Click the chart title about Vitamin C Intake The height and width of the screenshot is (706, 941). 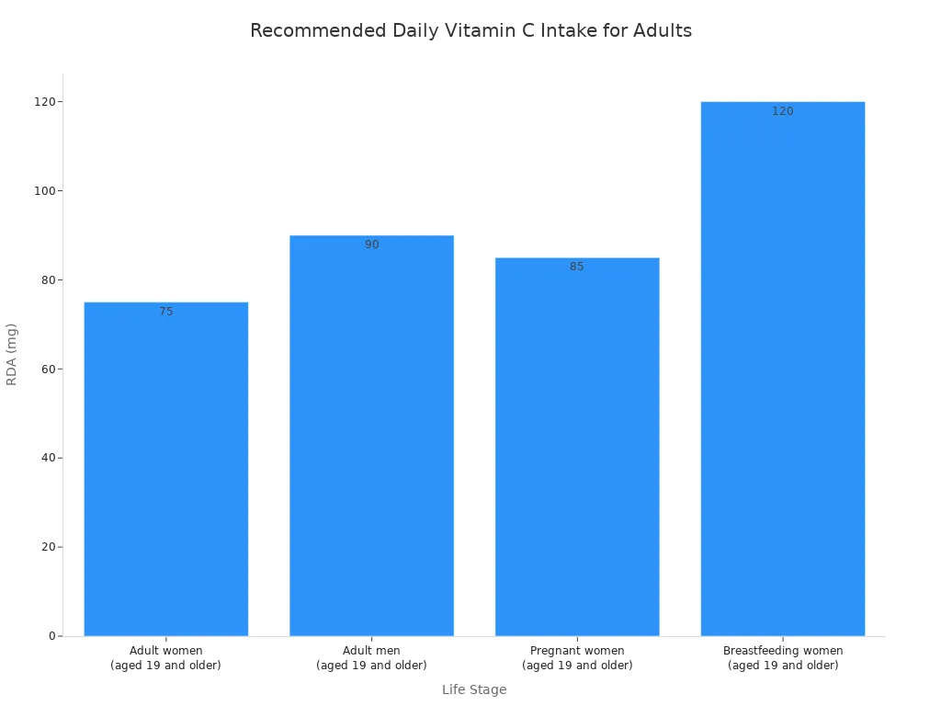(470, 30)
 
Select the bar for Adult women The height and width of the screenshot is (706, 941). (166, 469)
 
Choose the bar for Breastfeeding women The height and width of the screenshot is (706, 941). (783, 369)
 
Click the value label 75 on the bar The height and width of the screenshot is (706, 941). (166, 312)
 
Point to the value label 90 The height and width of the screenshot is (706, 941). (371, 245)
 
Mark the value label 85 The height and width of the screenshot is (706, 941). (577, 267)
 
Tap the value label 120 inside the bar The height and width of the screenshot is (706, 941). (783, 111)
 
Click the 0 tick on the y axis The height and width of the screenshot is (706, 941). (51, 636)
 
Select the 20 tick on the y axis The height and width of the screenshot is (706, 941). (49, 547)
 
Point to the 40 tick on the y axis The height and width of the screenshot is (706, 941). (49, 458)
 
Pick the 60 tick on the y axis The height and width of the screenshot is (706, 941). (49, 369)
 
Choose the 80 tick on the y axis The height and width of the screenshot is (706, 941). (49, 279)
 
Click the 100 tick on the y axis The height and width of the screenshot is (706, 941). (46, 190)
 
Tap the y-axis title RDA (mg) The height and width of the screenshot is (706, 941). (12, 354)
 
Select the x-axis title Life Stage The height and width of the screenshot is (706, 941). (474, 689)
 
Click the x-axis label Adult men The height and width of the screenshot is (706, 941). (371, 658)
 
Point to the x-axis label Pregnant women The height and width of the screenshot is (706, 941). (577, 658)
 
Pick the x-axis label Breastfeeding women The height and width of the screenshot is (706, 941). (783, 658)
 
